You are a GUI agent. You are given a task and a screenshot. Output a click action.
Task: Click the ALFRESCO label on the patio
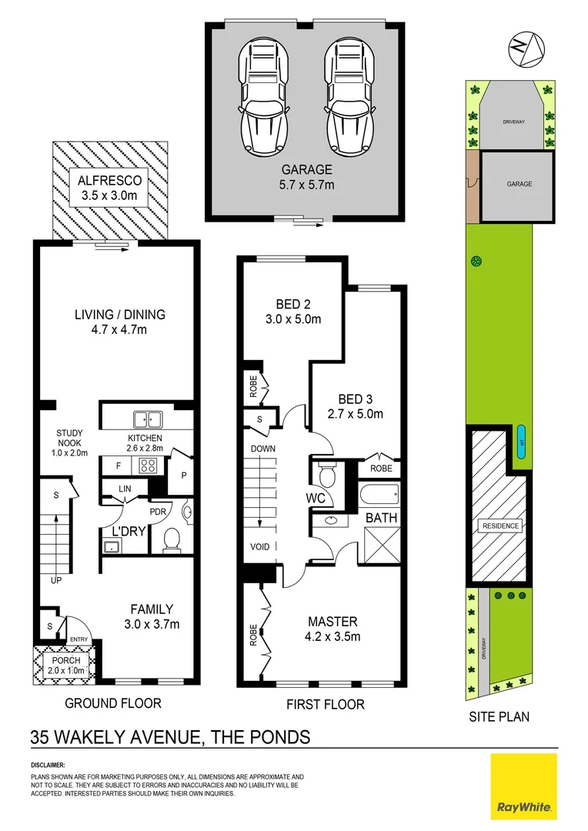(109, 188)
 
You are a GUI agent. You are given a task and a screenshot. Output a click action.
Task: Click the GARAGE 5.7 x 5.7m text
(306, 177)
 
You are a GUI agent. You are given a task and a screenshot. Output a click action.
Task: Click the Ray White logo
(523, 786)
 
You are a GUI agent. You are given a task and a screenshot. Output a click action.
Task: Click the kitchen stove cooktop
(148, 466)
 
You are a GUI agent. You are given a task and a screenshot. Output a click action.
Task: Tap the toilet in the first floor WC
(326, 474)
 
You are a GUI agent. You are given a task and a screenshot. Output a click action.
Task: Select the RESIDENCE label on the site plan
(501, 526)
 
